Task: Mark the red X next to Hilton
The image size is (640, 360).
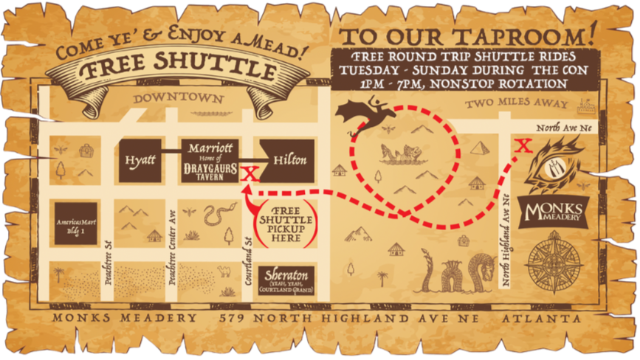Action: [x=249, y=173]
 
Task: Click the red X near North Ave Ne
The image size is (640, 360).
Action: [x=523, y=145]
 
